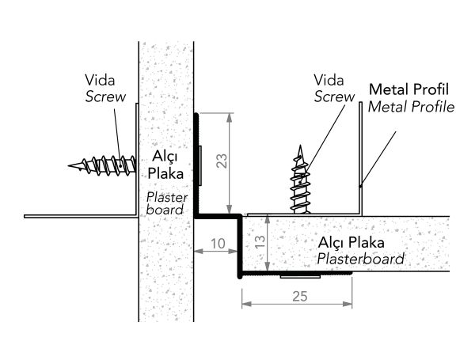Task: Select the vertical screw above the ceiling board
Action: [x=300, y=180]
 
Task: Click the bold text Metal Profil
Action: [x=410, y=89]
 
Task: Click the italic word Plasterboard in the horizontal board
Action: [x=360, y=259]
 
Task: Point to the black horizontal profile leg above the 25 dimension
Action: [x=293, y=274]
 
